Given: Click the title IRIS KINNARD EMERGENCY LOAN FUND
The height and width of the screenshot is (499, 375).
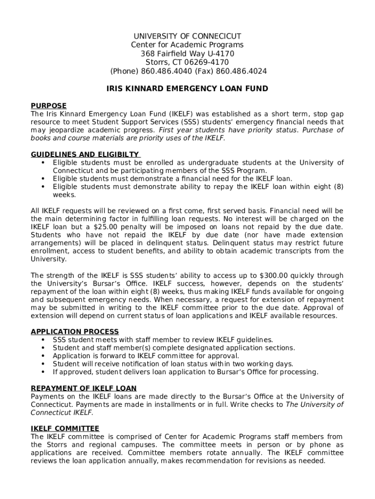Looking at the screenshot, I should (x=187, y=89).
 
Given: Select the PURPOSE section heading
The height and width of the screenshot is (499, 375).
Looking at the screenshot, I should (x=49, y=106).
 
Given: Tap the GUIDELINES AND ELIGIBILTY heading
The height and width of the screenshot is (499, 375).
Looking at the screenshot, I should (x=85, y=154).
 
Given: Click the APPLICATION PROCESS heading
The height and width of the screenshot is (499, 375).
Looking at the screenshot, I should (x=75, y=332).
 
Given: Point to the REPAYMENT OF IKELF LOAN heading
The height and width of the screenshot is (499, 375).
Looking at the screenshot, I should (x=84, y=388).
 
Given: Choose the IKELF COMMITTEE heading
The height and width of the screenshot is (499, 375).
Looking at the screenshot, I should (x=65, y=429).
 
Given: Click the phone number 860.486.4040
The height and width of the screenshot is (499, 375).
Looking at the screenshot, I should (x=167, y=72).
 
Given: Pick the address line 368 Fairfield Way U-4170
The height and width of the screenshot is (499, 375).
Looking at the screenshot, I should (x=187, y=54).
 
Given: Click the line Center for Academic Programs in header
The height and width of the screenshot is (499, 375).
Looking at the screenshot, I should (x=187, y=45).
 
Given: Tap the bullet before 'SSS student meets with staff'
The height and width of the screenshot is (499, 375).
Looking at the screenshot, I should (x=43, y=340).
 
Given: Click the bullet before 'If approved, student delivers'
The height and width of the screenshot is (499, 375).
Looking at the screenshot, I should (x=43, y=372).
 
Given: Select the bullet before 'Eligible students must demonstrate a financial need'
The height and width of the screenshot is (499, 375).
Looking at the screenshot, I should (x=43, y=179).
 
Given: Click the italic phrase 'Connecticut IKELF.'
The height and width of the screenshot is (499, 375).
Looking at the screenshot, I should (x=61, y=413).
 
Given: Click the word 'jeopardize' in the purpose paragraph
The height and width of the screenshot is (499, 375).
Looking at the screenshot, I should (x=65, y=130).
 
